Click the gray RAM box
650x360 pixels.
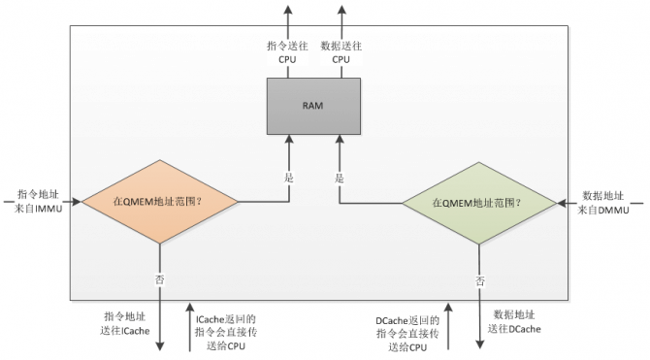click(314, 106)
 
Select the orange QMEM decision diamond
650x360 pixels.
click(160, 202)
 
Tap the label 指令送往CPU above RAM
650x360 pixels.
click(288, 51)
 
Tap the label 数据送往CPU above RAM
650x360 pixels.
click(341, 51)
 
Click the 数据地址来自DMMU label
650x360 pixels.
click(606, 203)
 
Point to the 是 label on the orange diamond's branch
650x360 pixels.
click(288, 178)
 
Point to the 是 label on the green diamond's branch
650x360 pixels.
click(340, 178)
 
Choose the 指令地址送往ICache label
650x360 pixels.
click(127, 323)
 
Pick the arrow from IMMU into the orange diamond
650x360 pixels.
click(74, 202)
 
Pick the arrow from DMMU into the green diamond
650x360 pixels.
click(568, 203)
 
